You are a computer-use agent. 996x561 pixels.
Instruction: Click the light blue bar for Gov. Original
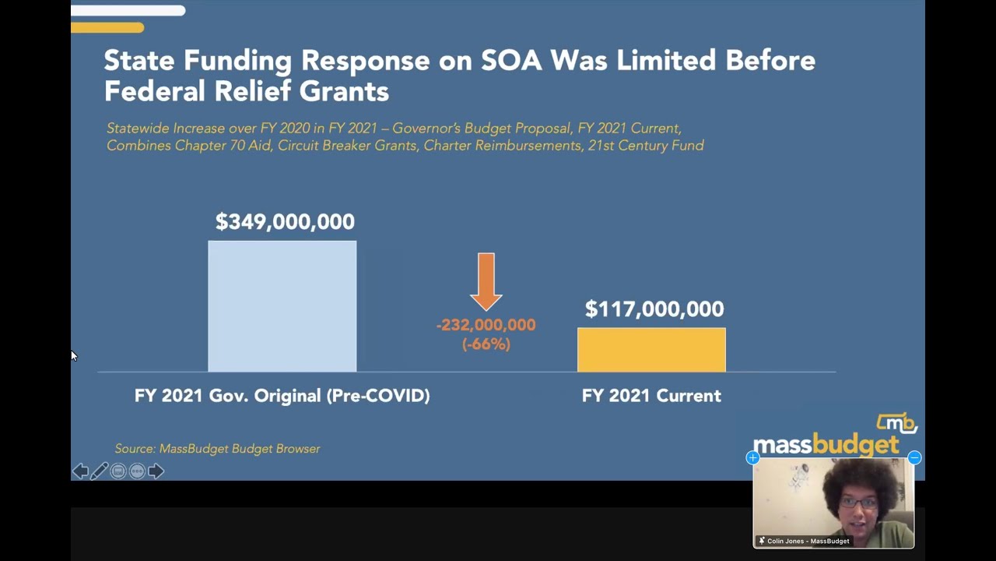pyautogui.click(x=282, y=306)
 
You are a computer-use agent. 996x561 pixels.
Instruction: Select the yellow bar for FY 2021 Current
pyautogui.click(x=651, y=350)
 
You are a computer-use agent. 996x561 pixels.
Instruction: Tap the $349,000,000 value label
pyautogui.click(x=285, y=222)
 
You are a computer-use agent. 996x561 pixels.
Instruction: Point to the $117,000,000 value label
pyautogui.click(x=654, y=309)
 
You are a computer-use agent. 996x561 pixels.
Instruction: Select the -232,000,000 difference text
pyautogui.click(x=486, y=325)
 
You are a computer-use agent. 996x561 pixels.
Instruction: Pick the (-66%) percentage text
pyautogui.click(x=486, y=344)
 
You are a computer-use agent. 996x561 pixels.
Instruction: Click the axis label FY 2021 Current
pyautogui.click(x=651, y=396)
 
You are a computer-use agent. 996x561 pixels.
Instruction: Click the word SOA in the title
pyautogui.click(x=510, y=61)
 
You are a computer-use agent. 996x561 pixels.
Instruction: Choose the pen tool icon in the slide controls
pyautogui.click(x=100, y=471)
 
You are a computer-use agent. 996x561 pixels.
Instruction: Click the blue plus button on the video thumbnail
pyautogui.click(x=752, y=458)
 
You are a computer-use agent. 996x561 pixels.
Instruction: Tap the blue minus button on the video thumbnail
pyautogui.click(x=914, y=458)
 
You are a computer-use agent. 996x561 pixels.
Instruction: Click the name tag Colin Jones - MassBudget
pyautogui.click(x=807, y=541)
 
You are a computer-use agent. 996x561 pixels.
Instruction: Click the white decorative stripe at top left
pyautogui.click(x=128, y=11)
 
